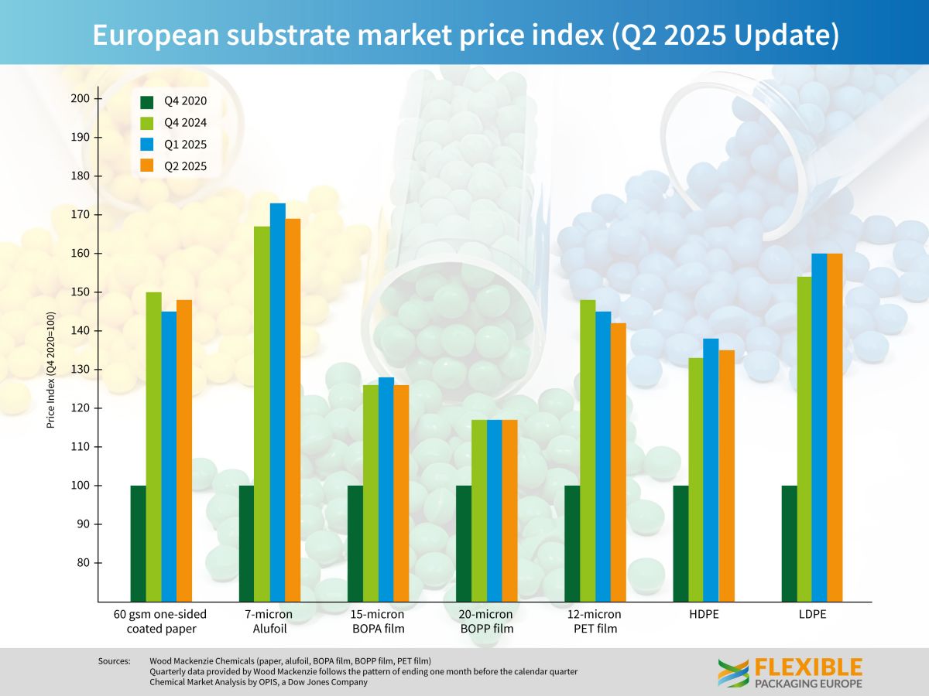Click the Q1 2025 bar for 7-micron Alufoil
[277, 402]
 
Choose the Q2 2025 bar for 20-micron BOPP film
[509, 510]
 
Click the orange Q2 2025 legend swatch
[147, 165]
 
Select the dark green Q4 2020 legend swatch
[147, 101]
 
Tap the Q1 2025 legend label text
[185, 145]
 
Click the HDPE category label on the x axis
[703, 615]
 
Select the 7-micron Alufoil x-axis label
[269, 622]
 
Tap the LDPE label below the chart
[812, 615]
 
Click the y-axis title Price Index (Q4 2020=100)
[51, 370]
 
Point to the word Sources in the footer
[115, 661]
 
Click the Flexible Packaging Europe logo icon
[732, 673]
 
